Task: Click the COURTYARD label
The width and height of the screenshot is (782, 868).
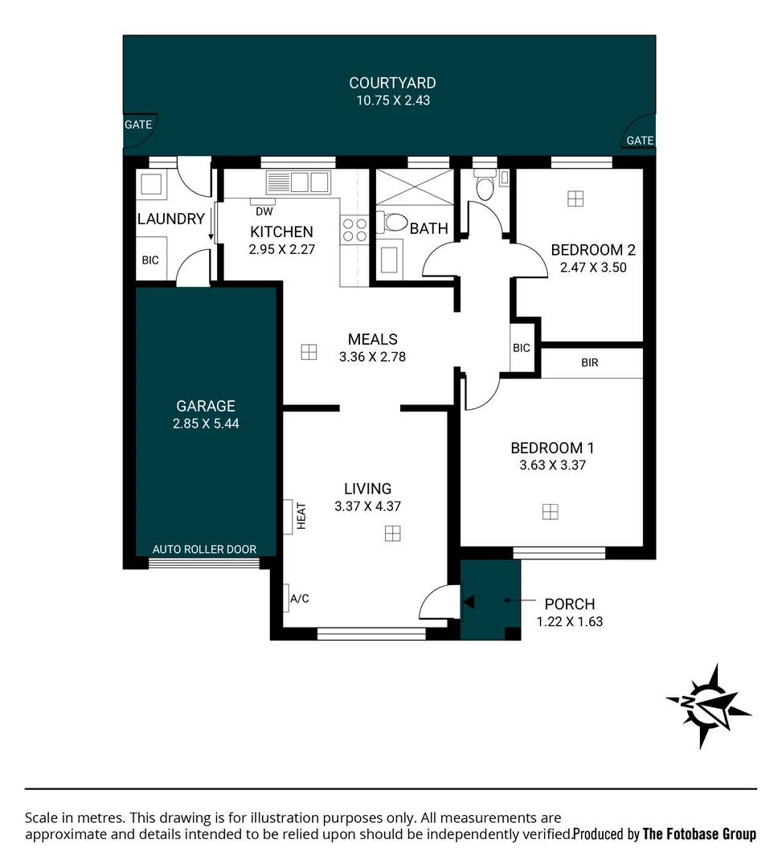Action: (392, 83)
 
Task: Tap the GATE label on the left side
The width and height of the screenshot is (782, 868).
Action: (137, 125)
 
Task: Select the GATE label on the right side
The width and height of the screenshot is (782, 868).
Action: (640, 141)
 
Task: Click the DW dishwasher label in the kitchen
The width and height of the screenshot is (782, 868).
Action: (263, 212)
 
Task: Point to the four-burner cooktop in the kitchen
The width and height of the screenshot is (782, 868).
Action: (354, 230)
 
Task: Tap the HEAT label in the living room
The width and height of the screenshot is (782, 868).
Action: (302, 515)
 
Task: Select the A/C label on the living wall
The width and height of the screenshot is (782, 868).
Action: (299, 598)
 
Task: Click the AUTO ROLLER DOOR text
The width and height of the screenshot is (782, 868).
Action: (204, 550)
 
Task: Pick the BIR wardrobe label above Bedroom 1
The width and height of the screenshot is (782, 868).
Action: (590, 362)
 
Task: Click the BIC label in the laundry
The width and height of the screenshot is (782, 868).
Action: (150, 260)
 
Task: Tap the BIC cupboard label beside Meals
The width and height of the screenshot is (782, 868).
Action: (522, 348)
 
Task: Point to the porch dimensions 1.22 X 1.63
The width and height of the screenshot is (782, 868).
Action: (569, 621)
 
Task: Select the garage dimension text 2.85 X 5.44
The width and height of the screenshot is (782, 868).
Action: (206, 424)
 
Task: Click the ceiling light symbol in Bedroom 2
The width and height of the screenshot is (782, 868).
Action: (575, 199)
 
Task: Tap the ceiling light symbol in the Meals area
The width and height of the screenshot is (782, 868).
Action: (309, 352)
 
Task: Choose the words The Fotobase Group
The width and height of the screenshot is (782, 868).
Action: (699, 834)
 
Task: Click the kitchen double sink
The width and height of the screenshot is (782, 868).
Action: (299, 182)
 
